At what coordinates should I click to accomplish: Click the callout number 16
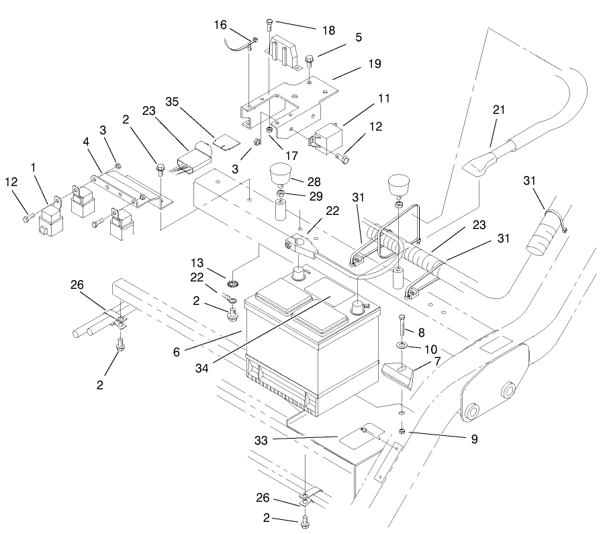point(220,25)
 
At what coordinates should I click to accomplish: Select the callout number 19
point(374,64)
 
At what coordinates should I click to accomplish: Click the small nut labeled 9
point(401,431)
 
